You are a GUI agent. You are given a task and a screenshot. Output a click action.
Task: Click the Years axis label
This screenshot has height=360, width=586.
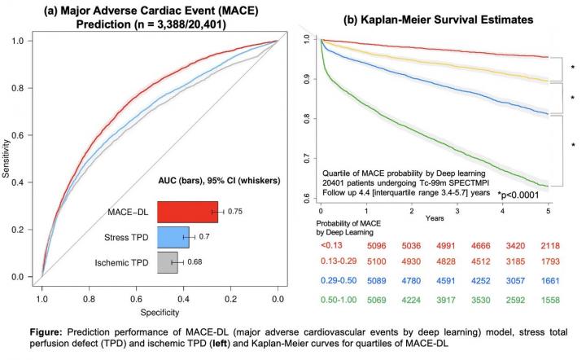point(433,219)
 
